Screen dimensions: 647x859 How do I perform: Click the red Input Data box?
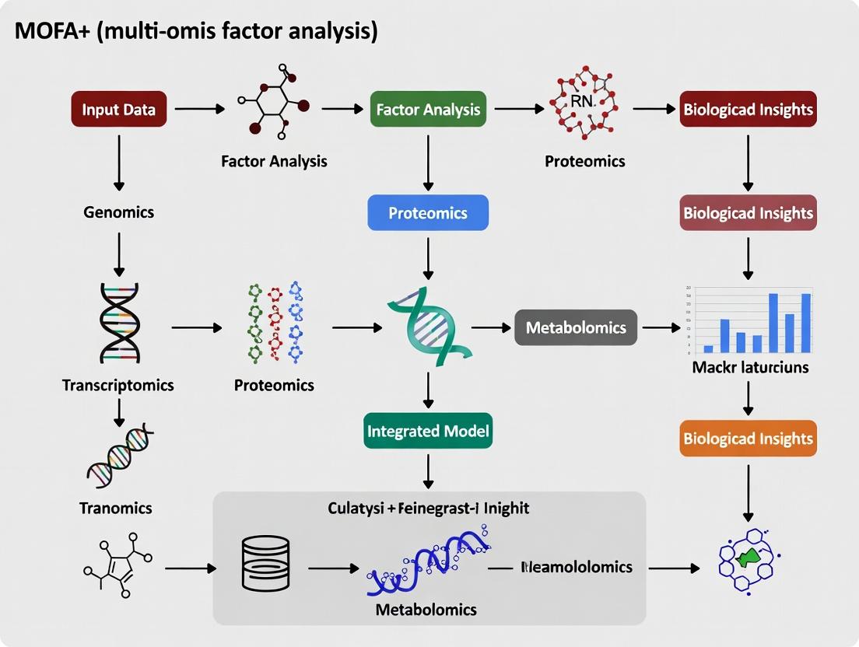pos(119,110)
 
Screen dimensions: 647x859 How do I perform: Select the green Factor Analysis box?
pos(428,110)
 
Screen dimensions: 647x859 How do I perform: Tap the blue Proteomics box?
pos(428,212)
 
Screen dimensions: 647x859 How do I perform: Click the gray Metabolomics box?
pos(576,327)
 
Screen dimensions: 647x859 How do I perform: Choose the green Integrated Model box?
pos(428,431)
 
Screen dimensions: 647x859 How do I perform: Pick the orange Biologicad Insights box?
pos(748,439)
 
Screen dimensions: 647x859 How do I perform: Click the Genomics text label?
pos(119,212)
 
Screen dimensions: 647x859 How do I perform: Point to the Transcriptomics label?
pos(118,385)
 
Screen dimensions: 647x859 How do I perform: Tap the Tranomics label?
pos(116,509)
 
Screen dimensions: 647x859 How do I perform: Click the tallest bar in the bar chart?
pos(773,323)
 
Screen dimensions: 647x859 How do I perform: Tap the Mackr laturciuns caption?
pos(750,366)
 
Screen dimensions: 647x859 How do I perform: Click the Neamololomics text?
pos(576,567)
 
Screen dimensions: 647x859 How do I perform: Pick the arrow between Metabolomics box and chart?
pos(661,328)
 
